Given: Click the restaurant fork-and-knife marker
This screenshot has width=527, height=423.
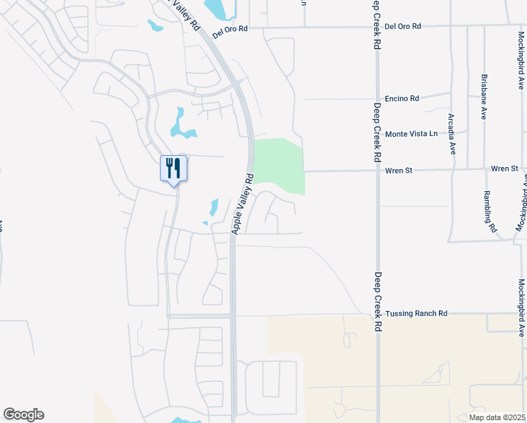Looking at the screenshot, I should [x=173, y=168].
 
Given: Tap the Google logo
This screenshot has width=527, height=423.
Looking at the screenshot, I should [x=23, y=415].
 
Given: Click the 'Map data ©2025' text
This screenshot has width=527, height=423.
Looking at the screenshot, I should [x=497, y=417].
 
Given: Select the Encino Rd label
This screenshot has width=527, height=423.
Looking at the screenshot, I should [x=402, y=99].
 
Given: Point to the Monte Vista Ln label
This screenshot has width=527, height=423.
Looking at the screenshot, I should [x=411, y=133].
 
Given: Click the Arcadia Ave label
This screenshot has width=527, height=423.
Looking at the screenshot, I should [x=452, y=133].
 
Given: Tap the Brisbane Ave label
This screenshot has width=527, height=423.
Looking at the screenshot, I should [x=484, y=97].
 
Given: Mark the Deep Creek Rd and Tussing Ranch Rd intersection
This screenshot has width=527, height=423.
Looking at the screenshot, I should [x=378, y=314].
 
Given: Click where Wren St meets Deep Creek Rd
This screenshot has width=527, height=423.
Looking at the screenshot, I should [x=378, y=170].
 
